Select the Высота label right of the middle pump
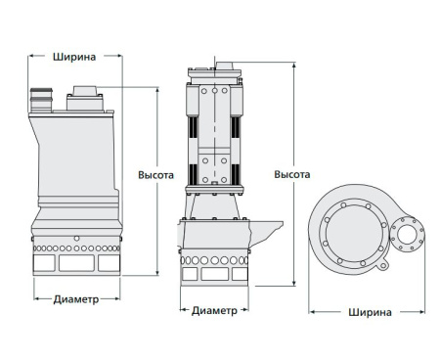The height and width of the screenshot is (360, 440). point(291,175)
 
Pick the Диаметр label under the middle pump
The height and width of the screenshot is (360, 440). point(213,310)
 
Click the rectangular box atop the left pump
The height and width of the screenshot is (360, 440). point(82,97)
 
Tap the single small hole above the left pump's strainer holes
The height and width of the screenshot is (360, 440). point(75,238)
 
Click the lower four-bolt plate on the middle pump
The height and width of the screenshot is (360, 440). point(213,161)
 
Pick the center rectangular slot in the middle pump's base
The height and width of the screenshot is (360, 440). point(213,275)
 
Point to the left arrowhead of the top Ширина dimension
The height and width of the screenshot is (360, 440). point(27,57)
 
